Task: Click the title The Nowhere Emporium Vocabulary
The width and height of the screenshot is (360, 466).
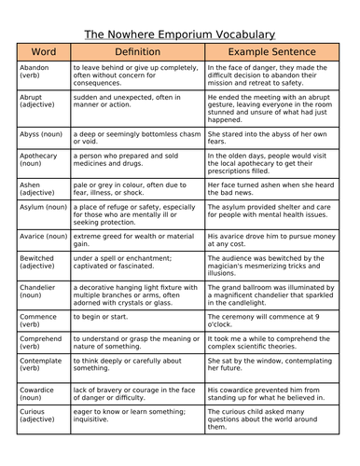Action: pyautogui.click(x=180, y=34)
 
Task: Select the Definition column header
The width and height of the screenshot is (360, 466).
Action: pyautogui.click(x=137, y=53)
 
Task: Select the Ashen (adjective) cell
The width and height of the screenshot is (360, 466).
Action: pyautogui.click(x=38, y=190)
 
